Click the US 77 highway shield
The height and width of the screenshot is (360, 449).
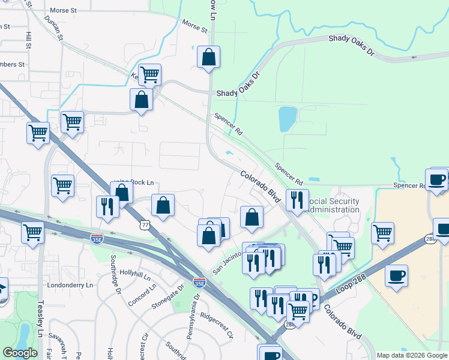143,224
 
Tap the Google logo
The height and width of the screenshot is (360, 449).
20,353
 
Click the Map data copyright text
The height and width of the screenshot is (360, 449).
412,355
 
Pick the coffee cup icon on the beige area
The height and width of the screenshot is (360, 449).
396,275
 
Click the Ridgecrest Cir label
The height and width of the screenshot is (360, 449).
216,326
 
